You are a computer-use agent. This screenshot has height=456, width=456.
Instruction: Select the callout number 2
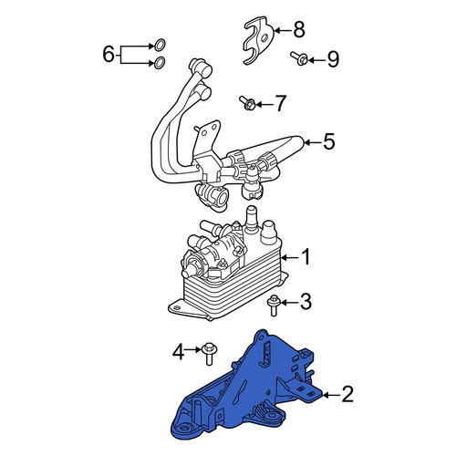click(x=347, y=394)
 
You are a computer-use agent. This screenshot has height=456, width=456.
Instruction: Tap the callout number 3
click(x=306, y=302)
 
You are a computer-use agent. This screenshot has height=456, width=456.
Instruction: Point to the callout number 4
click(x=179, y=353)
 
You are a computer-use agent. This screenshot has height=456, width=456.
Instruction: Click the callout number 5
click(x=328, y=141)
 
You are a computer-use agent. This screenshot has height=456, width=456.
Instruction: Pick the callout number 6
click(x=109, y=55)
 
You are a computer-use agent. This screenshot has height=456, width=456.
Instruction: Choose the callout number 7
click(x=280, y=103)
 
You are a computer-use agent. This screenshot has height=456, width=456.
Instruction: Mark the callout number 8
click(x=298, y=30)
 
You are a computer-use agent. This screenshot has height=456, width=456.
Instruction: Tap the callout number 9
click(x=333, y=59)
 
